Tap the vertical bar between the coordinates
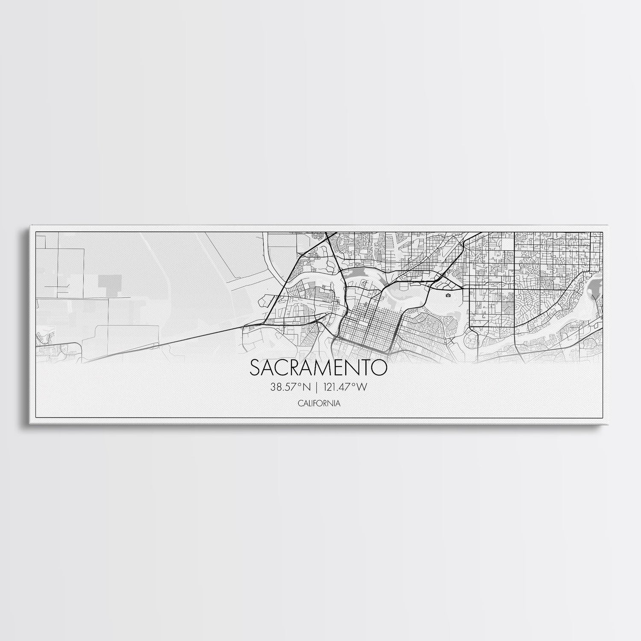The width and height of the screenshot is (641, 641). pyautogui.click(x=315, y=387)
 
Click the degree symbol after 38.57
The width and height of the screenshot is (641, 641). pyautogui.click(x=299, y=385)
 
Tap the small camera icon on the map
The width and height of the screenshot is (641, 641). pyautogui.click(x=448, y=295)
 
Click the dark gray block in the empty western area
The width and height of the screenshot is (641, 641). pyautogui.click(x=110, y=282)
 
